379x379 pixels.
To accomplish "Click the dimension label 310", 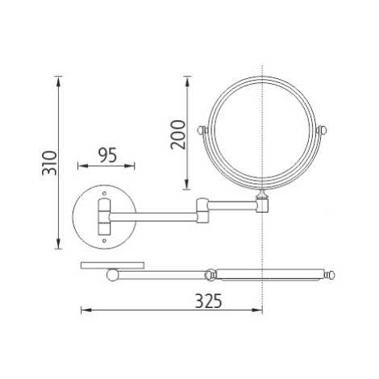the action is (x=50, y=163).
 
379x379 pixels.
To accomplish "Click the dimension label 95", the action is (x=107, y=155).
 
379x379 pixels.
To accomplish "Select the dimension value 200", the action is (x=178, y=135).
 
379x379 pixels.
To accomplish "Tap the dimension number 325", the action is (x=209, y=301).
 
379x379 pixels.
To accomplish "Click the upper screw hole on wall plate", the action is (x=104, y=193).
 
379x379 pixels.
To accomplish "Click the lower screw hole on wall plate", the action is (x=104, y=241).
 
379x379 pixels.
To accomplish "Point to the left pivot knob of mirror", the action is (x=202, y=131).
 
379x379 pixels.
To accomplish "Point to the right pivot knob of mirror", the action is (x=322, y=131).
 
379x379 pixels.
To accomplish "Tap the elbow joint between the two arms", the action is (x=202, y=210).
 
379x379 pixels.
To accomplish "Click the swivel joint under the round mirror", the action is (x=262, y=202).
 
